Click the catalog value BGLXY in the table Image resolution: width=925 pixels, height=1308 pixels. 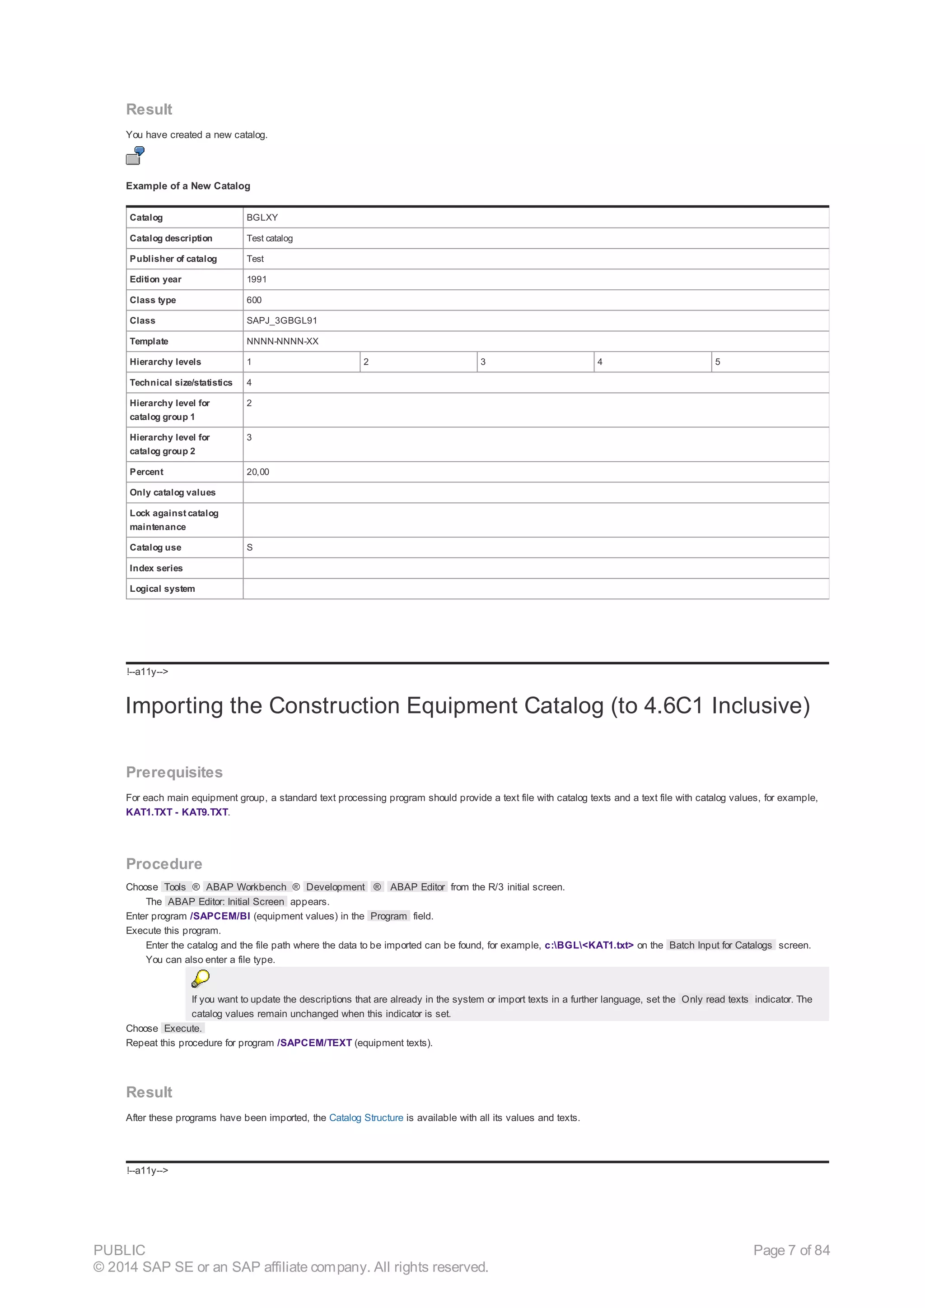(x=262, y=218)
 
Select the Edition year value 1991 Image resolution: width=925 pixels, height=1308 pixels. (x=257, y=279)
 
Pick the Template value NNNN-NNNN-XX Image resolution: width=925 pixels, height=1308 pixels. (x=282, y=341)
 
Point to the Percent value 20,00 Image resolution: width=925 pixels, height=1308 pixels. (x=257, y=472)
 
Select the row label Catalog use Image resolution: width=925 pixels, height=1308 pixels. (x=155, y=547)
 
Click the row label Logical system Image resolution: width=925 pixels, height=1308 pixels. (x=162, y=589)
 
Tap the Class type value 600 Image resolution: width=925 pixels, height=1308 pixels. (x=254, y=300)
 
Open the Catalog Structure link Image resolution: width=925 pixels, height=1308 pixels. (x=366, y=1118)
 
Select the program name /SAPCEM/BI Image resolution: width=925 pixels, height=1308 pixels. (x=220, y=916)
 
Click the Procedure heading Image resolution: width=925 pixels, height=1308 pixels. (x=164, y=863)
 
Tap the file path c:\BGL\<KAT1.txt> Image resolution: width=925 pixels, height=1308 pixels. (x=589, y=945)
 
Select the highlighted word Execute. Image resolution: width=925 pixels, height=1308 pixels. (x=182, y=1028)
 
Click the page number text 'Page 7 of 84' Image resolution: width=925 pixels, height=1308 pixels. (x=791, y=1250)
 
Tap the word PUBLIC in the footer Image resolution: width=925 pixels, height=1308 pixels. (x=119, y=1250)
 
